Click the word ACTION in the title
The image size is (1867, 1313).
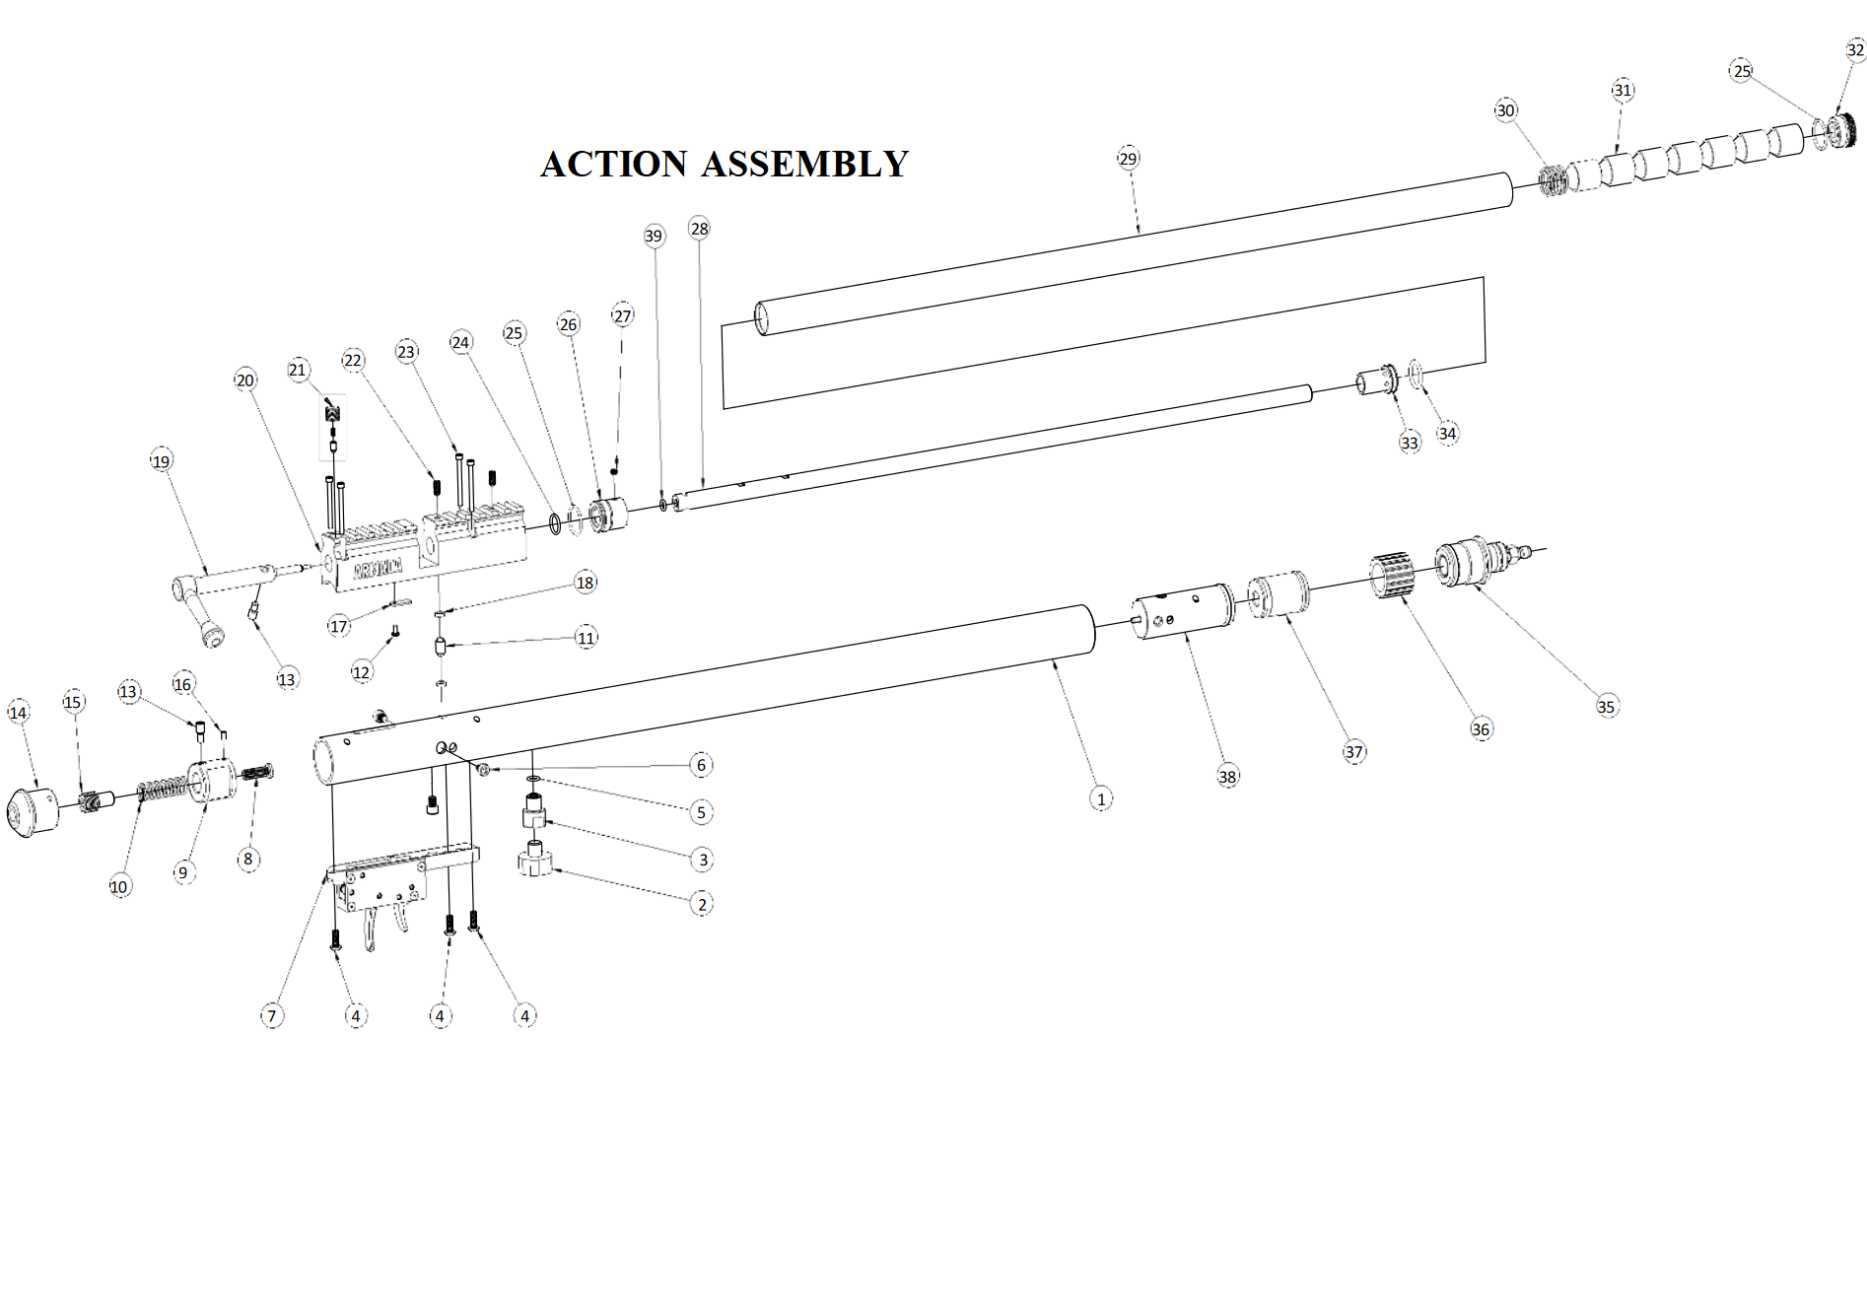(614, 164)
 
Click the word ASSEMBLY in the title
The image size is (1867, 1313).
(804, 164)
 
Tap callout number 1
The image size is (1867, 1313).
(1101, 798)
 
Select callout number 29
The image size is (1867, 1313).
(1129, 159)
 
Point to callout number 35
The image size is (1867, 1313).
(1607, 706)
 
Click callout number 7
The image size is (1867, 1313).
(272, 1015)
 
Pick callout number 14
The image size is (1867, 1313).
(19, 713)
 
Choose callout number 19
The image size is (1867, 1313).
(162, 461)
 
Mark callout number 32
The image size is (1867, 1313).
(1856, 49)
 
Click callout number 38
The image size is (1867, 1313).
(1227, 777)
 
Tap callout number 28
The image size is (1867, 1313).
(700, 229)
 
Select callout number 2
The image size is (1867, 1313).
(702, 904)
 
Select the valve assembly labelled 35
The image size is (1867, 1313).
(1482, 561)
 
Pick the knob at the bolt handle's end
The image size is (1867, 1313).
(212, 634)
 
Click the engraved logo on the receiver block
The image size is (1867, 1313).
(379, 568)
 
